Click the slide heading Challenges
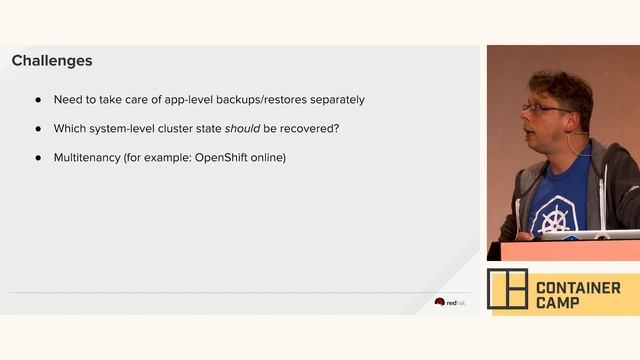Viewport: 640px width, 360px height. point(52,61)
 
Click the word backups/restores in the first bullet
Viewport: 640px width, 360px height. point(265,100)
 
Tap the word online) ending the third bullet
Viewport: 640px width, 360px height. point(269,158)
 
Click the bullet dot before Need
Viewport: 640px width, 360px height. point(39,100)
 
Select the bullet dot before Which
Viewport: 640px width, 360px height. point(39,129)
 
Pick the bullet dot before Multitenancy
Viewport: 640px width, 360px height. point(39,158)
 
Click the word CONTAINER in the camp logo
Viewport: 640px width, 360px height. point(578,288)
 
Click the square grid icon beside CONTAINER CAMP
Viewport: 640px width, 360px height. point(507,289)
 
